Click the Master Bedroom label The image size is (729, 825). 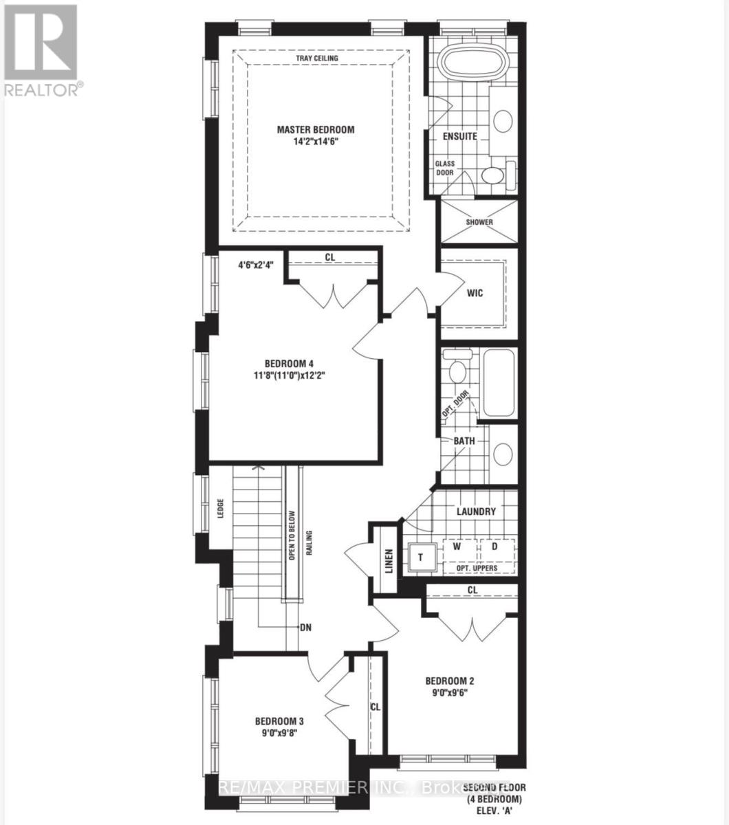click(x=316, y=129)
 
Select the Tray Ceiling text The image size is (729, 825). click(x=316, y=58)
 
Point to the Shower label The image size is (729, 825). click(x=479, y=222)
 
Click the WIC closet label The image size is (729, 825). click(x=475, y=293)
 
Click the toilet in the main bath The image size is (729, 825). click(x=457, y=371)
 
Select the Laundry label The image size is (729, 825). click(x=476, y=511)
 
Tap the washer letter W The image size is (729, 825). click(x=456, y=547)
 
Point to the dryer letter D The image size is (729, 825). click(x=494, y=547)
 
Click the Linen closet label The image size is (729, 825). click(x=389, y=560)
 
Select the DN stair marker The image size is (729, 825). click(x=307, y=627)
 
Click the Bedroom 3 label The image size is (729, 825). click(x=279, y=721)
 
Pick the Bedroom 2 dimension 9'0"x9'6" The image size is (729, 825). click(x=449, y=694)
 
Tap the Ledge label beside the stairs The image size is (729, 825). click(x=221, y=510)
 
